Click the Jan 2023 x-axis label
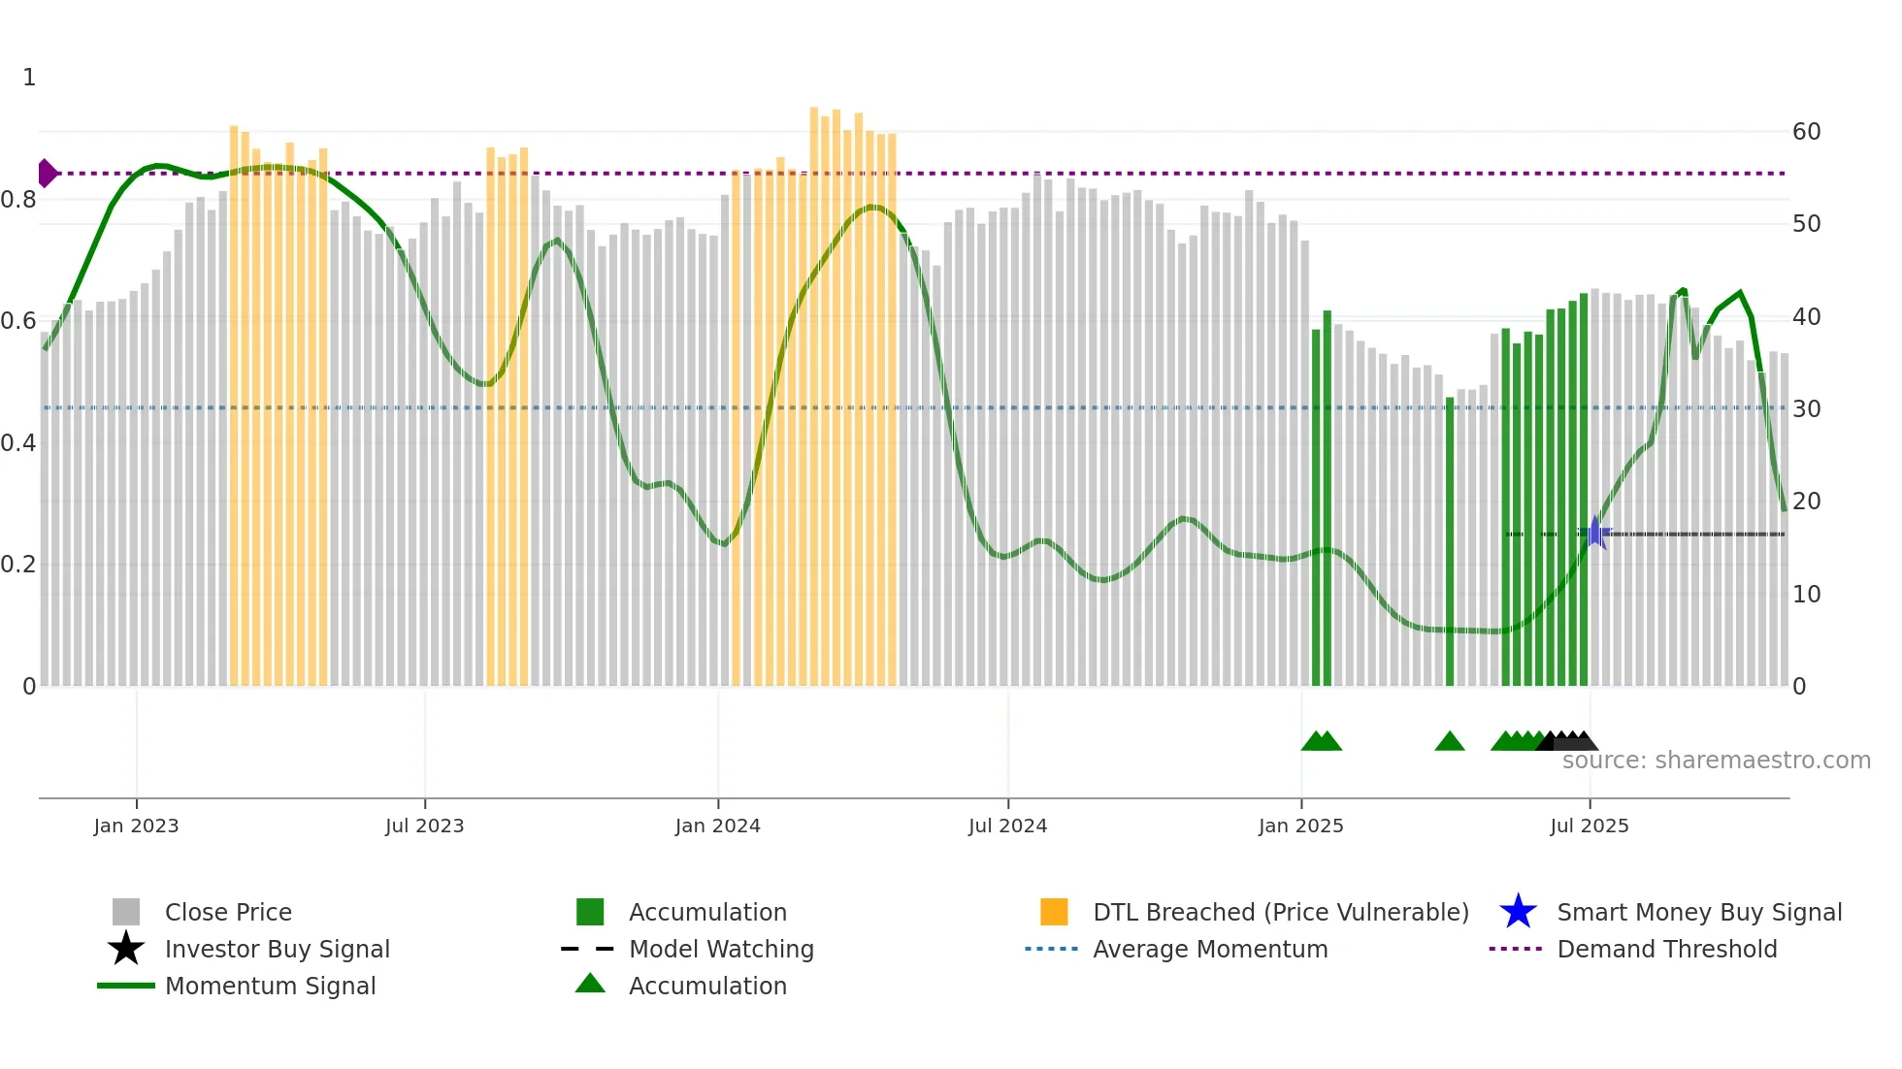click(x=136, y=826)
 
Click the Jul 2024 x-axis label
click(x=1007, y=826)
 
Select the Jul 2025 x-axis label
click(x=1589, y=826)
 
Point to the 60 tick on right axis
click(x=1806, y=132)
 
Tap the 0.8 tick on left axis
click(x=18, y=200)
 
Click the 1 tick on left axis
click(x=29, y=78)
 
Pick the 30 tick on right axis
click(x=1806, y=409)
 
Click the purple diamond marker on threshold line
click(x=47, y=174)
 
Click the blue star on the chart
click(x=1594, y=533)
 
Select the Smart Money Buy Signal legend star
click(x=1518, y=912)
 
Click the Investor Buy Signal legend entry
click(x=277, y=949)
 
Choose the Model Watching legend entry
click(x=721, y=949)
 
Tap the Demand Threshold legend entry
click(x=1666, y=949)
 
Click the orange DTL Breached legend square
click(x=1054, y=912)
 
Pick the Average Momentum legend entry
click(x=1209, y=949)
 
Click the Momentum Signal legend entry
click(x=270, y=986)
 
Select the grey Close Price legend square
click(x=126, y=912)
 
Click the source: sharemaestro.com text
click(x=1716, y=761)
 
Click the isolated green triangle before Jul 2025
click(x=1449, y=742)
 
